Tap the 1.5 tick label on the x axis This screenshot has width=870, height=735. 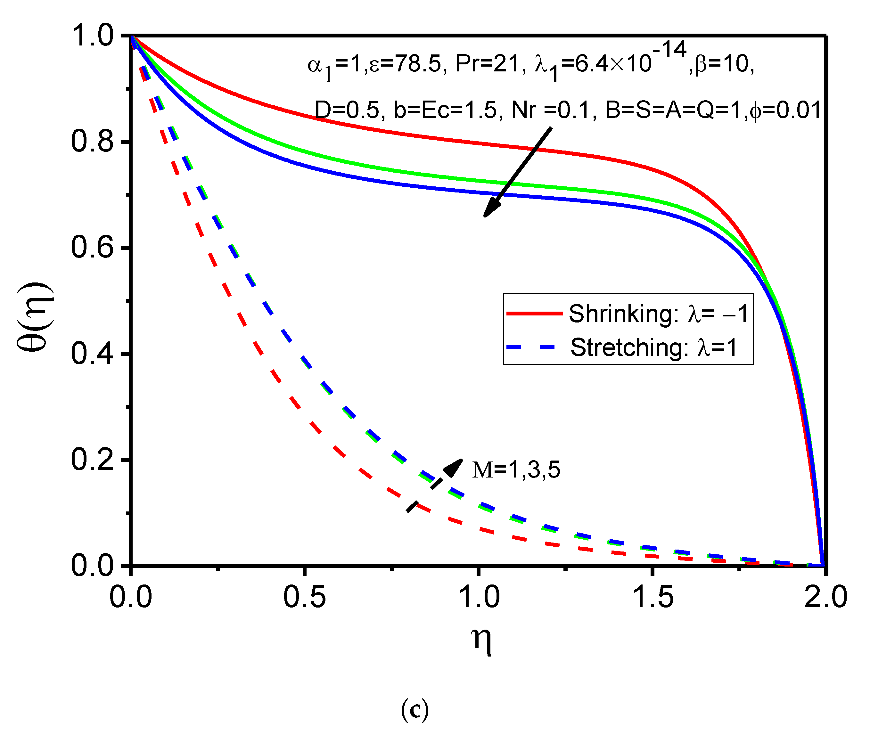point(652,597)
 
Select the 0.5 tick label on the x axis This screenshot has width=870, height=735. point(304,597)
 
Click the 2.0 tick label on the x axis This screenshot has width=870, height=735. point(825,597)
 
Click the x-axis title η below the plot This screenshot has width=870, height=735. point(481,640)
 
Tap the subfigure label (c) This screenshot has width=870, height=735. point(414,710)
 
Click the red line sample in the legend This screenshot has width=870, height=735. point(534,313)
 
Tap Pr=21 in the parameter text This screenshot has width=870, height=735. point(487,64)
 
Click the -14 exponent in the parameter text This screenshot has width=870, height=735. point(669,50)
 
